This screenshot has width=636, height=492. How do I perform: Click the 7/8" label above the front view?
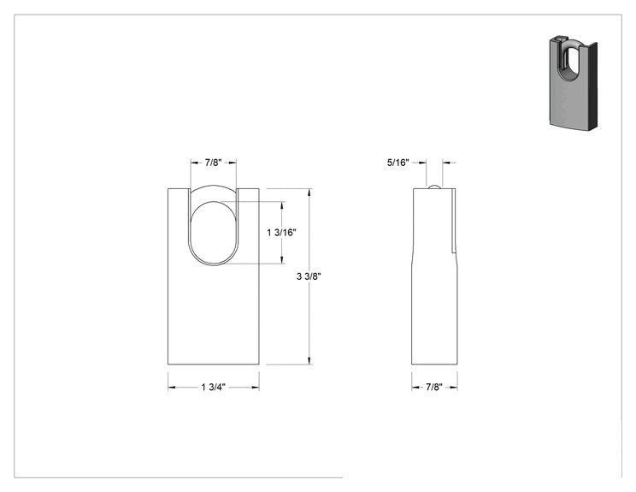(x=213, y=163)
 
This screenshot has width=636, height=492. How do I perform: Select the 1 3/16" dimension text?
(x=281, y=233)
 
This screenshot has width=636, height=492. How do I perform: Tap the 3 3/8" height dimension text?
(x=309, y=276)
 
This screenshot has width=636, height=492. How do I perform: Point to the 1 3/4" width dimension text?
(x=214, y=388)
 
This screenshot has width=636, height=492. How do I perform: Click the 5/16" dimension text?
(x=398, y=163)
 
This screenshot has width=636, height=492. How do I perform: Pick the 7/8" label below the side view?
(x=434, y=388)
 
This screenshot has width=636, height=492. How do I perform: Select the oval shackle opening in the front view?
(x=214, y=233)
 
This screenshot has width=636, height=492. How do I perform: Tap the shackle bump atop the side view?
(x=434, y=186)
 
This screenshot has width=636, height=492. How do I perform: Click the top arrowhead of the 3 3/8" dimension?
(x=309, y=193)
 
